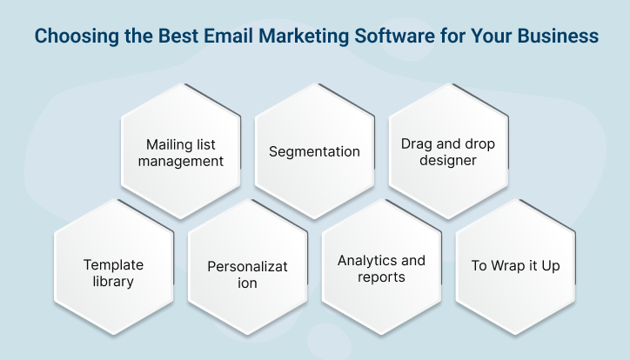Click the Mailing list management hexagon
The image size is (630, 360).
point(180,151)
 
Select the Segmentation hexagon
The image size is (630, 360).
point(314,151)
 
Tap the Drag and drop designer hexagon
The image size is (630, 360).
point(448,151)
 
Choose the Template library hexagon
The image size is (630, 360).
point(113,266)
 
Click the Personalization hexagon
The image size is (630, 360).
point(247,266)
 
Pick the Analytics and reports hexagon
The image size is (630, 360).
point(381,266)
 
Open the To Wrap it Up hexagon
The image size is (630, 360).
point(515,266)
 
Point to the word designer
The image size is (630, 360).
point(448,161)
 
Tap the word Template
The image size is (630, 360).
point(113,264)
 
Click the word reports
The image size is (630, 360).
point(381,277)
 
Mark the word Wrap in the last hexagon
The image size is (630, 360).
point(508,266)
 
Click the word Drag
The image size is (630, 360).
point(415,143)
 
